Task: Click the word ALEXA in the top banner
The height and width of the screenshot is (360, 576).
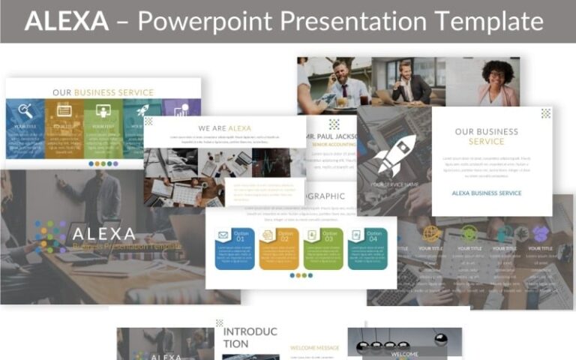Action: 66,21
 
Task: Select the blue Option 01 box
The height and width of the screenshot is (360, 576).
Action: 235,248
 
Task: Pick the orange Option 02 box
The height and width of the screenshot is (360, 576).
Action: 279,248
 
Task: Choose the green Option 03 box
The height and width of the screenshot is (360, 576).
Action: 323,248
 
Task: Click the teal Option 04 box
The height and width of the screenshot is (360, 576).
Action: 367,248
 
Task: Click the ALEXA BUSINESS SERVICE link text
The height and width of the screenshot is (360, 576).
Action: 486,193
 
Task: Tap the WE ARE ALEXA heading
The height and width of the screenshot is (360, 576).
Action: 224,128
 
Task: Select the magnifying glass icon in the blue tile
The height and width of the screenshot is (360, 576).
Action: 25,110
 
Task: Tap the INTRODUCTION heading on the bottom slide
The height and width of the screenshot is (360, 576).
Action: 250,337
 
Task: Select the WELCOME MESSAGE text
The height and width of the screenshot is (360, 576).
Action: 314,348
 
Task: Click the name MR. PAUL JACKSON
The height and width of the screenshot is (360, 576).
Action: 332,136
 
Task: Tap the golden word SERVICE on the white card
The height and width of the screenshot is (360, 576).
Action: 486,142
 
